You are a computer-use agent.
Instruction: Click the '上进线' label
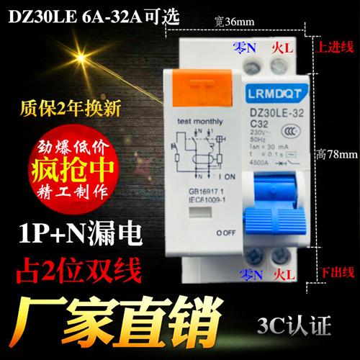pos(337,47)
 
